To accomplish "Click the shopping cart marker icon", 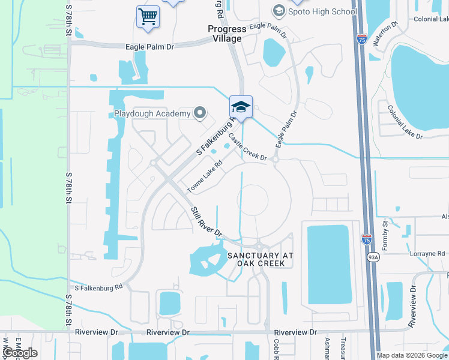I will tap(148, 16).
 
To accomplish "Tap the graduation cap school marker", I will tap(241, 107).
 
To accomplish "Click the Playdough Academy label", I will tap(152, 113).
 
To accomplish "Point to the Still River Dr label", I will tap(206, 221).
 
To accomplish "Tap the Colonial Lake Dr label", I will tap(405, 122).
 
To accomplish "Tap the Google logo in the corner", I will tap(20, 353).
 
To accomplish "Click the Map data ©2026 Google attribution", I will tap(412, 355).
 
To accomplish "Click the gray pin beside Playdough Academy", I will tap(200, 113).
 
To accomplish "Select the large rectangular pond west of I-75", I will tap(328, 264).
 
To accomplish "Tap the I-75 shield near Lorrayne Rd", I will tap(367, 240).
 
